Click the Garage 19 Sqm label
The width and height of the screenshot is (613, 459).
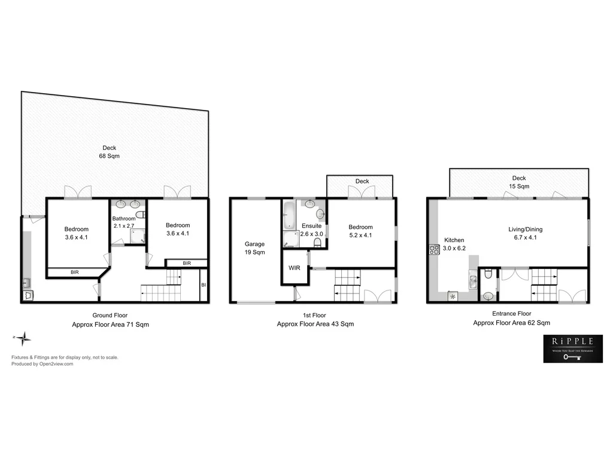[254, 248]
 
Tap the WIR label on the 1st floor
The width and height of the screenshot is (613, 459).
[294, 268]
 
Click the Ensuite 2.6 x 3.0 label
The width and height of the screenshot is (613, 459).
[312, 230]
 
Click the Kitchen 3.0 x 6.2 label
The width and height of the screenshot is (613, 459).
[454, 244]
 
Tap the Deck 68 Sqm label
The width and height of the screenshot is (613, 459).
[110, 152]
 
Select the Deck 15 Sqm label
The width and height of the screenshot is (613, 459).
[518, 182]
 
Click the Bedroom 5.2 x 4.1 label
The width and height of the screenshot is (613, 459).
[360, 231]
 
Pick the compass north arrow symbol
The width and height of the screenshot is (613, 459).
[23, 339]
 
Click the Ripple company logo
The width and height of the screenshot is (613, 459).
[572, 348]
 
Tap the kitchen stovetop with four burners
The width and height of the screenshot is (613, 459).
[434, 250]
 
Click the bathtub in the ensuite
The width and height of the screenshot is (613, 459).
[289, 215]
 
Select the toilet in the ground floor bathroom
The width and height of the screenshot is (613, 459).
[140, 214]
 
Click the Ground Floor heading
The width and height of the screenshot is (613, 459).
[110, 315]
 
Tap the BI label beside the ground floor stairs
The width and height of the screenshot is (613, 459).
[204, 285]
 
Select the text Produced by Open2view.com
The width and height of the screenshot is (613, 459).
[42, 364]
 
